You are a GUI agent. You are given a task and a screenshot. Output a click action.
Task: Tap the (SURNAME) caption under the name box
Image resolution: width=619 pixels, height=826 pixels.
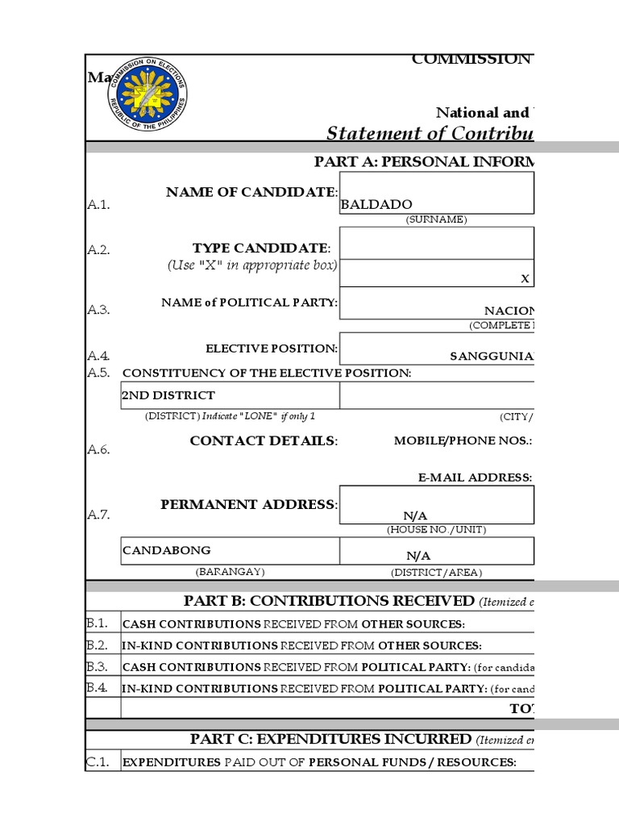tap(436, 219)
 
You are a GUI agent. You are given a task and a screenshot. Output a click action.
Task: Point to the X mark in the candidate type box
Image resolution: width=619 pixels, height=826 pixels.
tap(525, 278)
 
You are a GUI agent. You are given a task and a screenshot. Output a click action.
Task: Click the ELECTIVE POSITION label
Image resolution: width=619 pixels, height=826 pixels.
tap(272, 348)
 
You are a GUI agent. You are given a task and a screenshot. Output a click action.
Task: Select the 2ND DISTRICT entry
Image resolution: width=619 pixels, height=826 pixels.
tap(168, 395)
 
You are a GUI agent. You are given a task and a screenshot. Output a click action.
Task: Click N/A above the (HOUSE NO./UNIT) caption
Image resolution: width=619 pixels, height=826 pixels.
tap(416, 515)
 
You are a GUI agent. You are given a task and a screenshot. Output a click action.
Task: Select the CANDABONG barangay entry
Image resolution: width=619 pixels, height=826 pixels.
tap(167, 550)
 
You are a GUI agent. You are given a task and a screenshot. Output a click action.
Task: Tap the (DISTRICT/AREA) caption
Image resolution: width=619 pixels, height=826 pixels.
tap(436, 572)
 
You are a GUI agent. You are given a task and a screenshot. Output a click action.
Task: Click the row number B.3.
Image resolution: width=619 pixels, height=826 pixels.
tap(98, 666)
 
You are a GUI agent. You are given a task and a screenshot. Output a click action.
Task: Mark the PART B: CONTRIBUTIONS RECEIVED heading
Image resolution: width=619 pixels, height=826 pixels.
tap(330, 600)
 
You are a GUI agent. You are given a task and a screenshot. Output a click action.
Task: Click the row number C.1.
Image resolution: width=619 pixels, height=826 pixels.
tap(98, 761)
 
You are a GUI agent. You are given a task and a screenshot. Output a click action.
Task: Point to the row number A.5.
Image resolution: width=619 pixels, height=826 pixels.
tap(98, 372)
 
